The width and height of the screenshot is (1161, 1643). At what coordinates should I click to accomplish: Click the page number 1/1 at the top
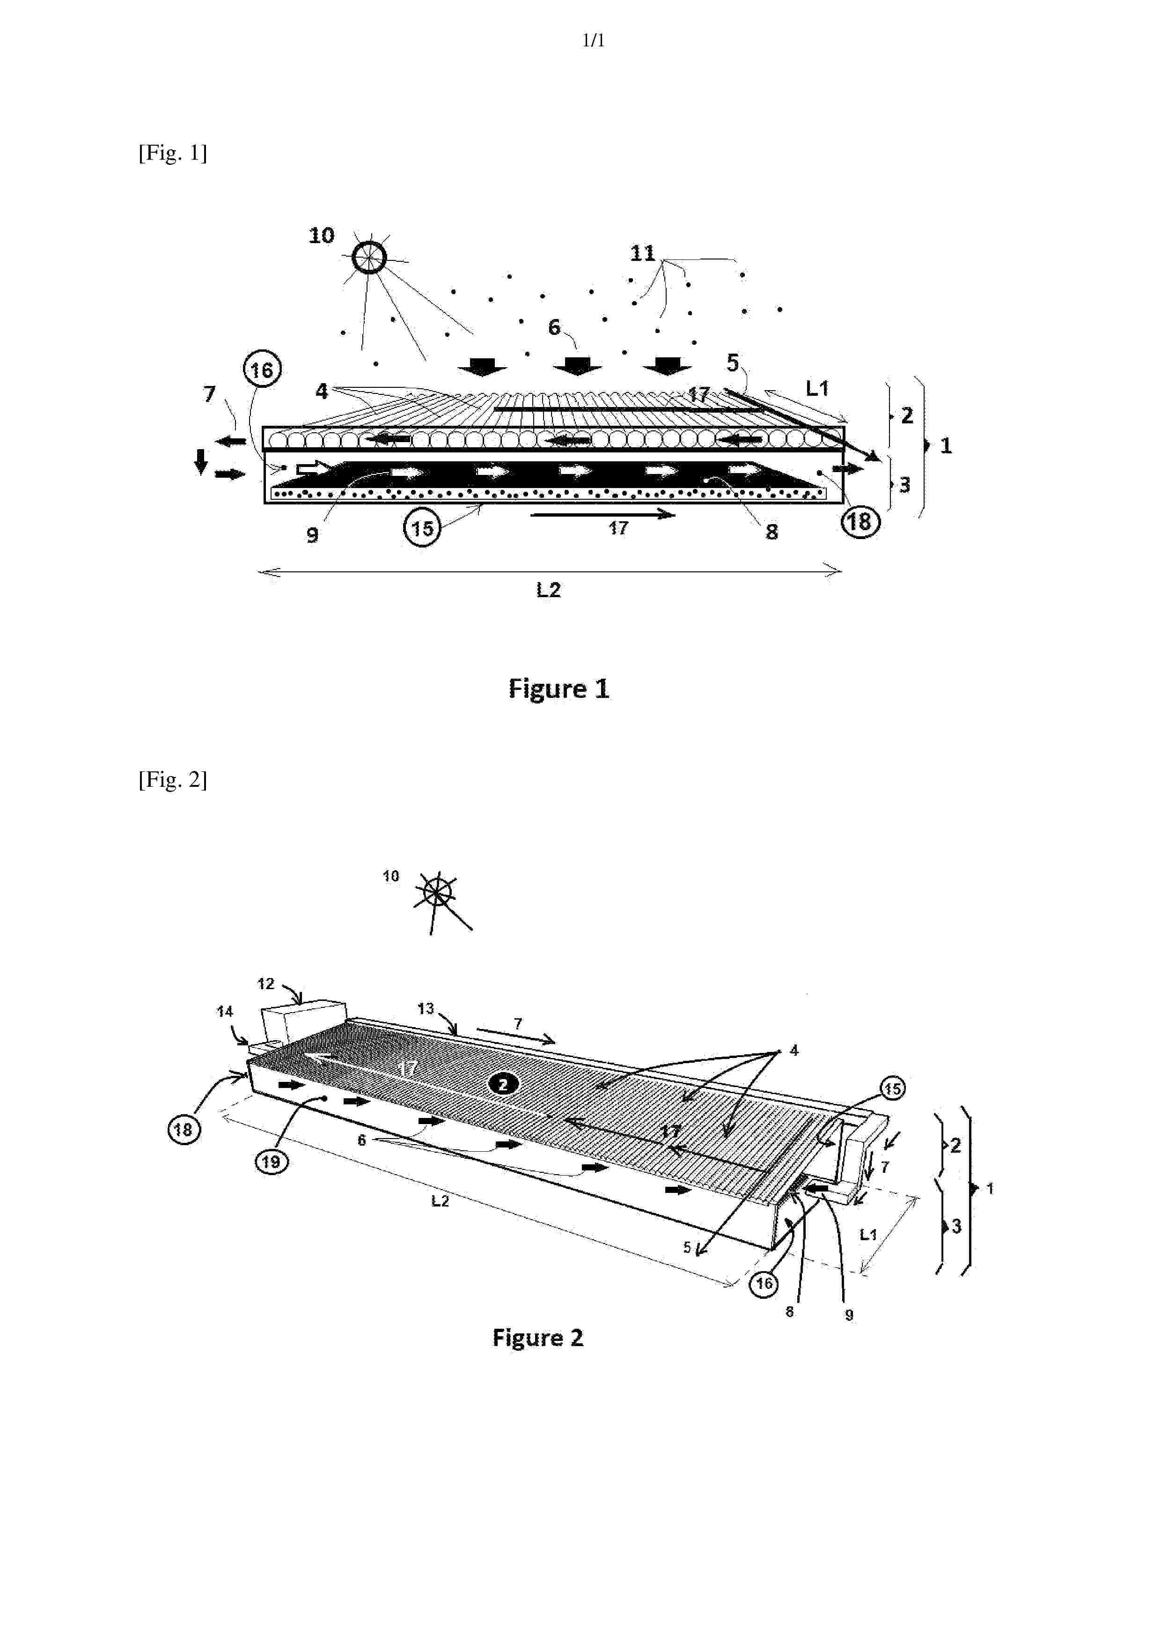pyautogui.click(x=593, y=41)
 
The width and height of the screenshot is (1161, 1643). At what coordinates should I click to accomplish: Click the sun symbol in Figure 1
pyautogui.click(x=369, y=257)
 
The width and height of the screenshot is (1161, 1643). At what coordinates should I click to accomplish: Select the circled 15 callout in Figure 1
pyautogui.click(x=422, y=528)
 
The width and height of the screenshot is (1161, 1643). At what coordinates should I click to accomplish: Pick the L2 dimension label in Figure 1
pyautogui.click(x=549, y=590)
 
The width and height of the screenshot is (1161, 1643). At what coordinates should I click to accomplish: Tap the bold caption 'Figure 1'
pyautogui.click(x=558, y=688)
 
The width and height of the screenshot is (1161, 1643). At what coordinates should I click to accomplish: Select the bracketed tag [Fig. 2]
pyautogui.click(x=172, y=779)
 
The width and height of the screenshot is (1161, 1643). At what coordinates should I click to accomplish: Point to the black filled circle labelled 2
pyautogui.click(x=503, y=1084)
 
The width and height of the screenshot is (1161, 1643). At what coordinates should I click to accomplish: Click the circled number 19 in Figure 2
pyautogui.click(x=271, y=1161)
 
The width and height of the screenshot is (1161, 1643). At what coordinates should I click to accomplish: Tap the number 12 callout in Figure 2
pyautogui.click(x=265, y=984)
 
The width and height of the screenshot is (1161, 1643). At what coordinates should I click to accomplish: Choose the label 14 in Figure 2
pyautogui.click(x=225, y=1011)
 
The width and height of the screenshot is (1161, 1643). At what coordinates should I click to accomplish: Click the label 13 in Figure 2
pyautogui.click(x=426, y=1008)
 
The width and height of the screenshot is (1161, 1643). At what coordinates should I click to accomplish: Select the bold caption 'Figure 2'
pyautogui.click(x=538, y=1338)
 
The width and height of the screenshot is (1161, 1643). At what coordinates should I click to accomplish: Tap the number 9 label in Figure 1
pyautogui.click(x=313, y=535)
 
